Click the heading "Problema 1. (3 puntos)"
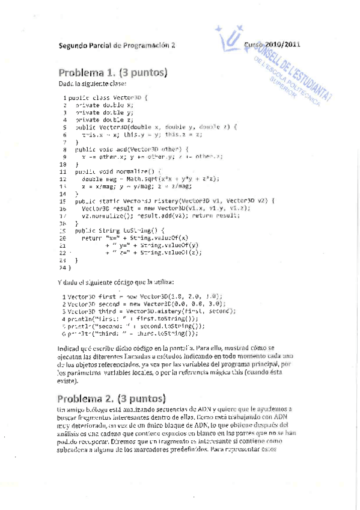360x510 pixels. [112, 73]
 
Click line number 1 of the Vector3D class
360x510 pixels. [64, 97]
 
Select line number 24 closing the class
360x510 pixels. [64, 266]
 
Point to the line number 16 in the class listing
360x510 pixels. [63, 208]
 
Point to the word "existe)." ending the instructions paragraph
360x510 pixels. [68, 381]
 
